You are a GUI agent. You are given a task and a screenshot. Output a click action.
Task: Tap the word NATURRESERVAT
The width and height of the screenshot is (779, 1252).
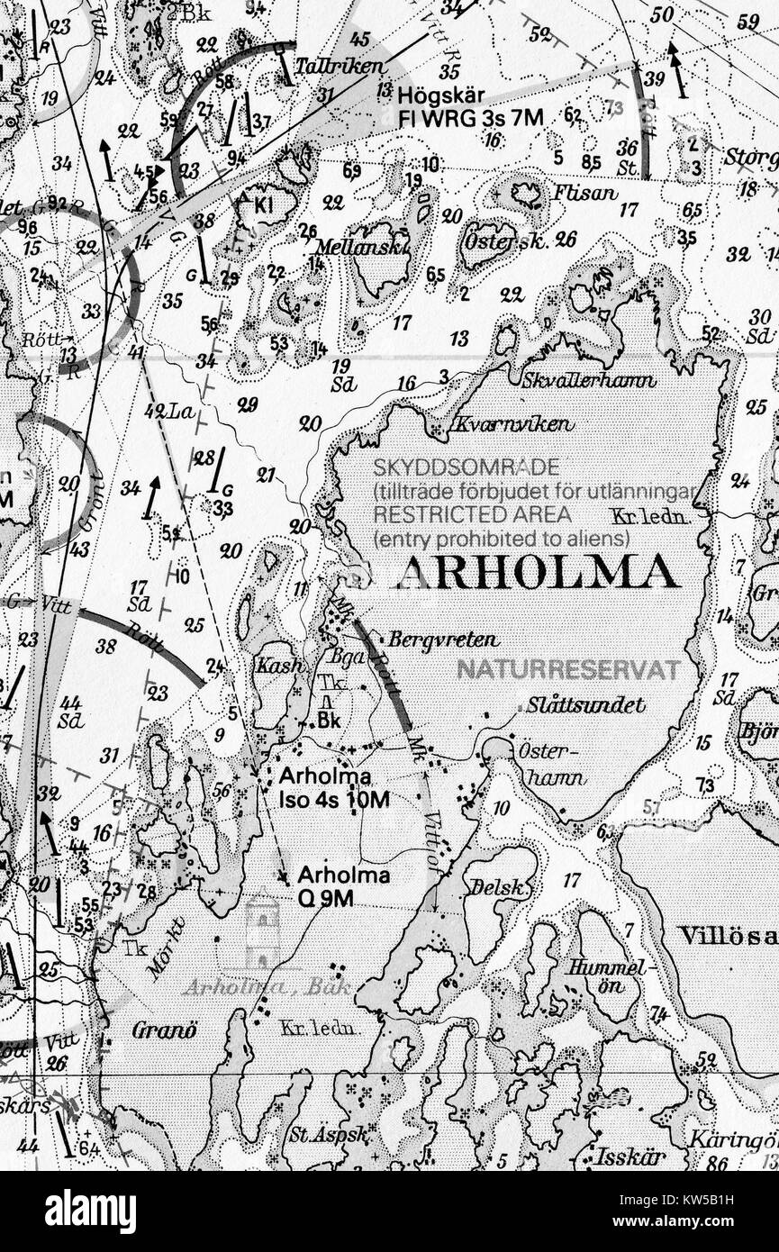[x=568, y=669]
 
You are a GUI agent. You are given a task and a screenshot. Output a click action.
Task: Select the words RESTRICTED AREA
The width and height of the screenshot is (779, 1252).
[x=472, y=514]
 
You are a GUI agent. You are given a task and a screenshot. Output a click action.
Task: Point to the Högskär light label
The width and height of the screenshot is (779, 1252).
[x=470, y=106]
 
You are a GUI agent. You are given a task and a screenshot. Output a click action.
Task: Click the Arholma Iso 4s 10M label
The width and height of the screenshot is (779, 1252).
[x=334, y=786]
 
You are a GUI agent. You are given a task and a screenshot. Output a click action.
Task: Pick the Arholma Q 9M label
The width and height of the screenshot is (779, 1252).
[x=343, y=885]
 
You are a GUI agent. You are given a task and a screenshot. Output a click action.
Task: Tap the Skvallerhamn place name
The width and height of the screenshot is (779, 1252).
[x=589, y=380]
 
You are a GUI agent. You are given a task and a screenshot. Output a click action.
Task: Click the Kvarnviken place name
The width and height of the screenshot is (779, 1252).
[x=512, y=423]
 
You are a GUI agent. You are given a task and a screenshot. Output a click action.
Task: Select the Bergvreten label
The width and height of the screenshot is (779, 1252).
[x=443, y=640]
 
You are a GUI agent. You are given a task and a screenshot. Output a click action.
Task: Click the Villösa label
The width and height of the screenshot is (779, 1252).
[x=728, y=935]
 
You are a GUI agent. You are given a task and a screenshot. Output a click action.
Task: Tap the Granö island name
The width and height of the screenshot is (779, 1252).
[x=164, y=1030]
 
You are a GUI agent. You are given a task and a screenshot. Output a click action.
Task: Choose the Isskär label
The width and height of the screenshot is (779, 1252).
[x=630, y=1157]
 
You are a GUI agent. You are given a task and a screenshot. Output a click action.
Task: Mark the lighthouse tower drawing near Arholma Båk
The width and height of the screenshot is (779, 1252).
[x=261, y=934]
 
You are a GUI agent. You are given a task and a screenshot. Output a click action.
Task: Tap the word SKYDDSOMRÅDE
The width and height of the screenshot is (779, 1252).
[x=466, y=467]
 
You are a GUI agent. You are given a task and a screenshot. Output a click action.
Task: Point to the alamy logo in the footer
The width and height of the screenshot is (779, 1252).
[x=90, y=1211]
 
